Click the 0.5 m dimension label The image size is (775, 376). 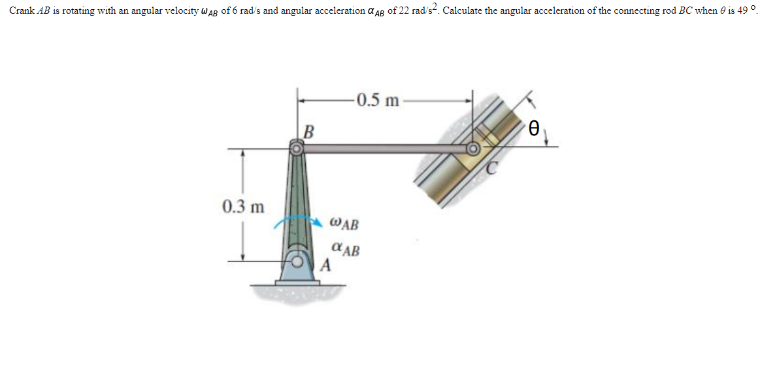point(378,101)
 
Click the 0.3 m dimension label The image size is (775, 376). point(243,207)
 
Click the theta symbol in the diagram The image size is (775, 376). point(534,128)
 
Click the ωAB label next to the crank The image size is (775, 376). point(344,224)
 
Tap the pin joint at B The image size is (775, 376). point(297,149)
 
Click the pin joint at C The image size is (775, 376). point(472,150)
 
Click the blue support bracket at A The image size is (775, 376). point(297,269)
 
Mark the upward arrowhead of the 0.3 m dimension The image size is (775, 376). point(243,154)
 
